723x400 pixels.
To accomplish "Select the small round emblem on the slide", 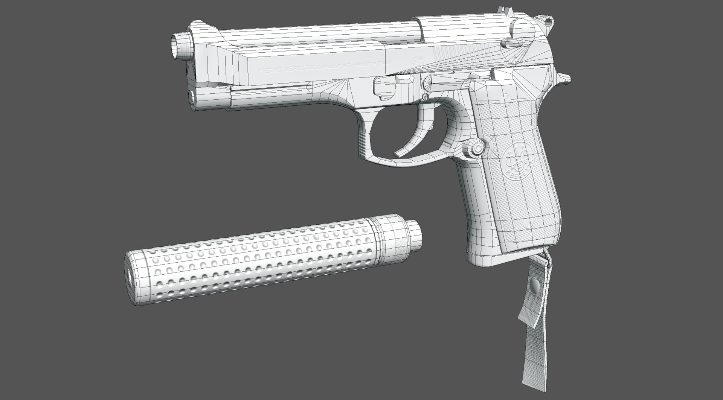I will [416, 61].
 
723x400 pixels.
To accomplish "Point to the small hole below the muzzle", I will [191, 96].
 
